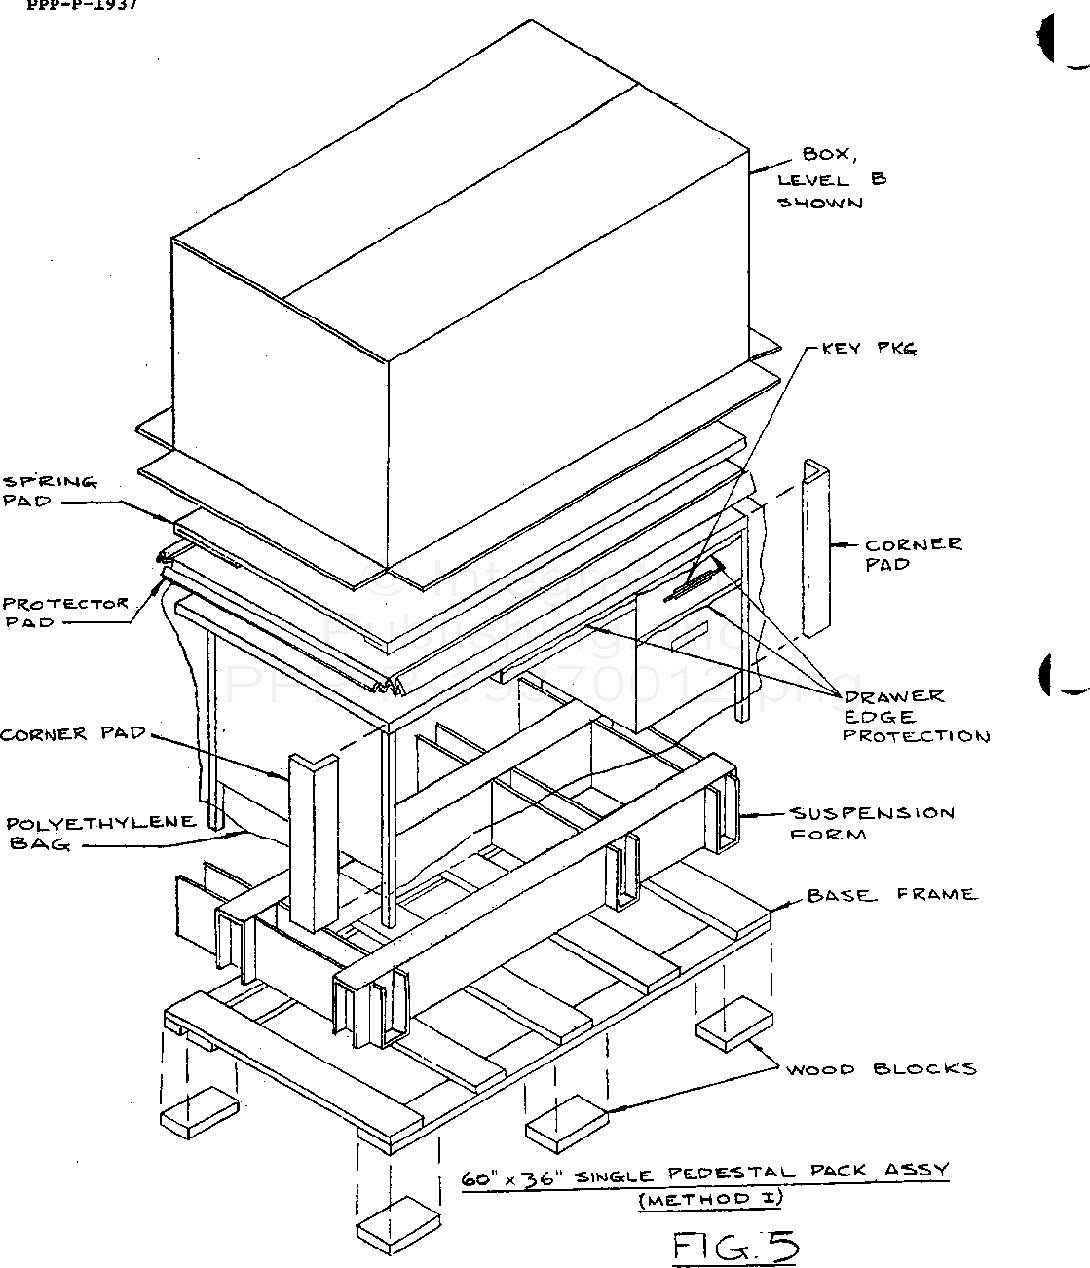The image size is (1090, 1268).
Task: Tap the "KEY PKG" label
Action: [x=869, y=348]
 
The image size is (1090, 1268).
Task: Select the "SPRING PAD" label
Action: [x=50, y=492]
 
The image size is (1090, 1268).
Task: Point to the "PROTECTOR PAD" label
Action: [x=64, y=613]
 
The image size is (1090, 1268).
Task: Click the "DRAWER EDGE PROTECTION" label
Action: [x=915, y=716]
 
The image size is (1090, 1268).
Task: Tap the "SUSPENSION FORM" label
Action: [x=871, y=823]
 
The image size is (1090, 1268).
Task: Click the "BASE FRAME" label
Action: [x=890, y=894]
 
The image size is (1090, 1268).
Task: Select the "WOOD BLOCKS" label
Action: [x=881, y=1068]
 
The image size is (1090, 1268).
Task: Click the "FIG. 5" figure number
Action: [x=735, y=1246]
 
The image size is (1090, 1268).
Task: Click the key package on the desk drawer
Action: [x=689, y=585]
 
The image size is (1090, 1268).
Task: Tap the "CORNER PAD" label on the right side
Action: [x=913, y=554]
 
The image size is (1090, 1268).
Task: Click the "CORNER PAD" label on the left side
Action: [x=72, y=734]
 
